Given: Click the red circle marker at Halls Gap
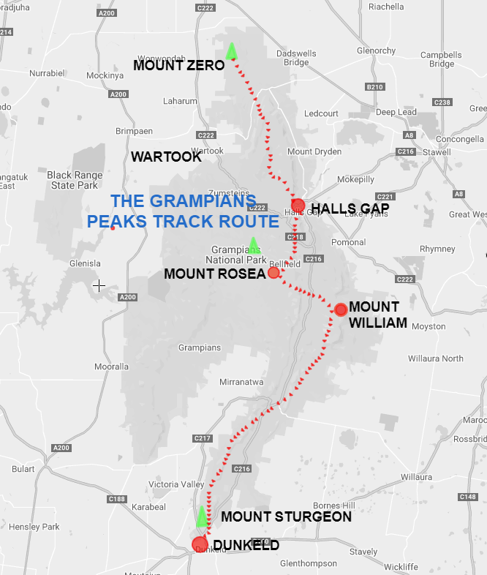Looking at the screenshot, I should [x=298, y=205].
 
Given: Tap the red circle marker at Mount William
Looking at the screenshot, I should [x=340, y=309].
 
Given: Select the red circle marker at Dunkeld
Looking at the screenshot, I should [x=199, y=544].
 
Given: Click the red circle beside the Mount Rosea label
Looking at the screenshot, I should [x=273, y=273].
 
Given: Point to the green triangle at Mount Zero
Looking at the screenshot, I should [x=232, y=50].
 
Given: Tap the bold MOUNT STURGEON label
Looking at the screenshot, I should [x=286, y=516].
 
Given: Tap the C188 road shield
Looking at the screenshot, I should [x=116, y=499].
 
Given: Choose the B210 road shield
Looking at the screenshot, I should [x=374, y=87].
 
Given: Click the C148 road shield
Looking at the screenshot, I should [x=468, y=497].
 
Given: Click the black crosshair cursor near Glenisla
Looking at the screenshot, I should [x=99, y=285].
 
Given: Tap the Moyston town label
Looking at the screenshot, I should [x=429, y=326].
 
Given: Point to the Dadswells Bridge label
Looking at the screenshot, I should [x=296, y=57].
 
